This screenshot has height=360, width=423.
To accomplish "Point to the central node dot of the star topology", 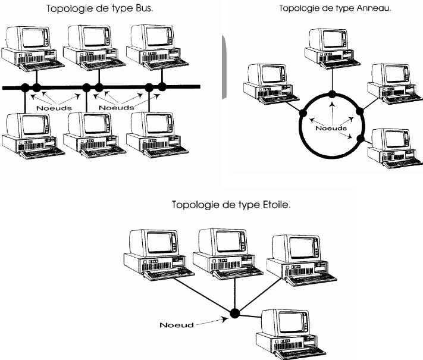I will point(235,312).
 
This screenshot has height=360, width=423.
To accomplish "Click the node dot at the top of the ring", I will point(333,94).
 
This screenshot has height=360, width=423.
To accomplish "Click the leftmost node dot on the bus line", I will point(25,88).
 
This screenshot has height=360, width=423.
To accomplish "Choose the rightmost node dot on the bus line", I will point(162,87).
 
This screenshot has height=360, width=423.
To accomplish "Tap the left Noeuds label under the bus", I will point(54,108).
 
